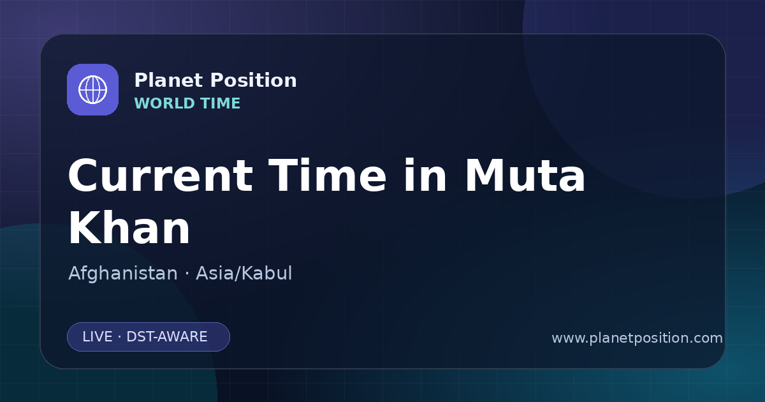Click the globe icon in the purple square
(92, 89)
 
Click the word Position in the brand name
(254, 80)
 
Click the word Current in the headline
(161, 175)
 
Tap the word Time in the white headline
(328, 175)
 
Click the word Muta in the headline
(525, 175)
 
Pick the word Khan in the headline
(129, 227)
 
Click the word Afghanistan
(123, 274)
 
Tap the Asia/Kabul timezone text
(244, 274)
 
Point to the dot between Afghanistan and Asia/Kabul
(187, 274)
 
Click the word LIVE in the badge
(98, 337)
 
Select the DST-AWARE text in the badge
(167, 337)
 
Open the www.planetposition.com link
(637, 338)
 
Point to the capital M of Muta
(485, 175)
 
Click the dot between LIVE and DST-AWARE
(120, 337)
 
